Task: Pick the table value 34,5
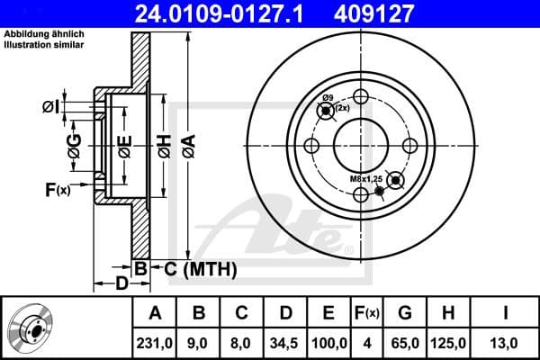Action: (x=286, y=342)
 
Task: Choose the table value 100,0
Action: (x=329, y=342)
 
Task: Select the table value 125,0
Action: (x=448, y=342)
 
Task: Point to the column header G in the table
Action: (x=404, y=313)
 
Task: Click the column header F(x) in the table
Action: (x=367, y=313)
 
